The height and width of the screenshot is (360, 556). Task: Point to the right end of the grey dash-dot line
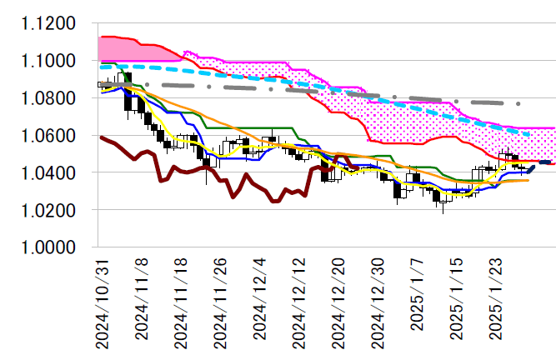[x=519, y=103]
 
